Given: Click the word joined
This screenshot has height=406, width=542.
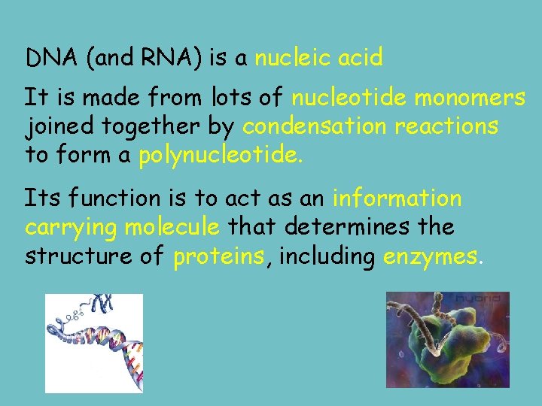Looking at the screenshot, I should tap(54, 126).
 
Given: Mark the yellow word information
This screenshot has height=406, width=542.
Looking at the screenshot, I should tap(397, 198).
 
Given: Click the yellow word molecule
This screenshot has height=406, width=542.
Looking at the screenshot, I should tap(172, 227).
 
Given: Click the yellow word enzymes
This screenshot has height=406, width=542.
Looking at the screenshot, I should tap(430, 257).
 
